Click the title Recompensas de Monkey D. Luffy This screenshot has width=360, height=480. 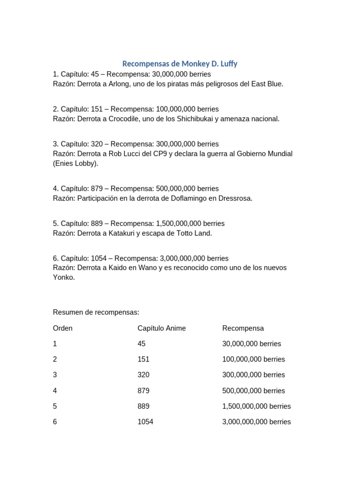180,63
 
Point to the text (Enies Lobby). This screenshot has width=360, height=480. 75,163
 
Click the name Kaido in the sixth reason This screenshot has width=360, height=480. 120,268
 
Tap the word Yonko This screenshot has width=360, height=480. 63,277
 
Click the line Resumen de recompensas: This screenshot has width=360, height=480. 96,312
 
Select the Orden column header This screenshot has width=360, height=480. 63,328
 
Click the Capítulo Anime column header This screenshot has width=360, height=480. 162,328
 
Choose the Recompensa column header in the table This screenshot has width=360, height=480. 243,328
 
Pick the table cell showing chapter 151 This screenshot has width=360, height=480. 143,359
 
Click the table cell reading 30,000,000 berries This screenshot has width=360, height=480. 252,344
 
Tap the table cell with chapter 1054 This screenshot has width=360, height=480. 145,421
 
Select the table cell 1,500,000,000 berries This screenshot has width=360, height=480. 256,406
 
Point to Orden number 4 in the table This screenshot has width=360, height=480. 55,390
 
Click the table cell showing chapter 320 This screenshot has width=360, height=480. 143,375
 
